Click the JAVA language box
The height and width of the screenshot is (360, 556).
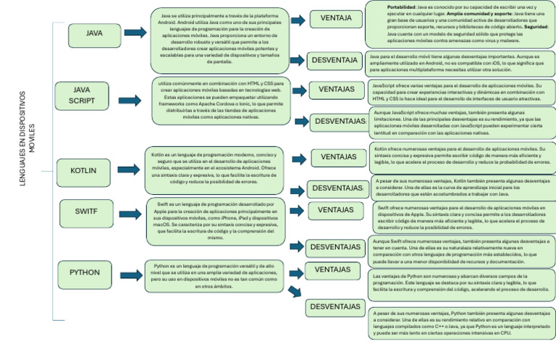pyautogui.click(x=94, y=33)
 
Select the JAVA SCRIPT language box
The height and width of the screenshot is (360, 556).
pyautogui.click(x=81, y=94)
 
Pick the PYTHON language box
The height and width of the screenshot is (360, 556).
pyautogui.click(x=85, y=272)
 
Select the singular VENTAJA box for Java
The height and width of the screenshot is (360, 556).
pyautogui.click(x=335, y=17)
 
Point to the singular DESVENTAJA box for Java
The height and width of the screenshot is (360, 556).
pyautogui.click(x=334, y=59)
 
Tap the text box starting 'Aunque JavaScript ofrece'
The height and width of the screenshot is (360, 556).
pyautogui.click(x=462, y=123)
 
